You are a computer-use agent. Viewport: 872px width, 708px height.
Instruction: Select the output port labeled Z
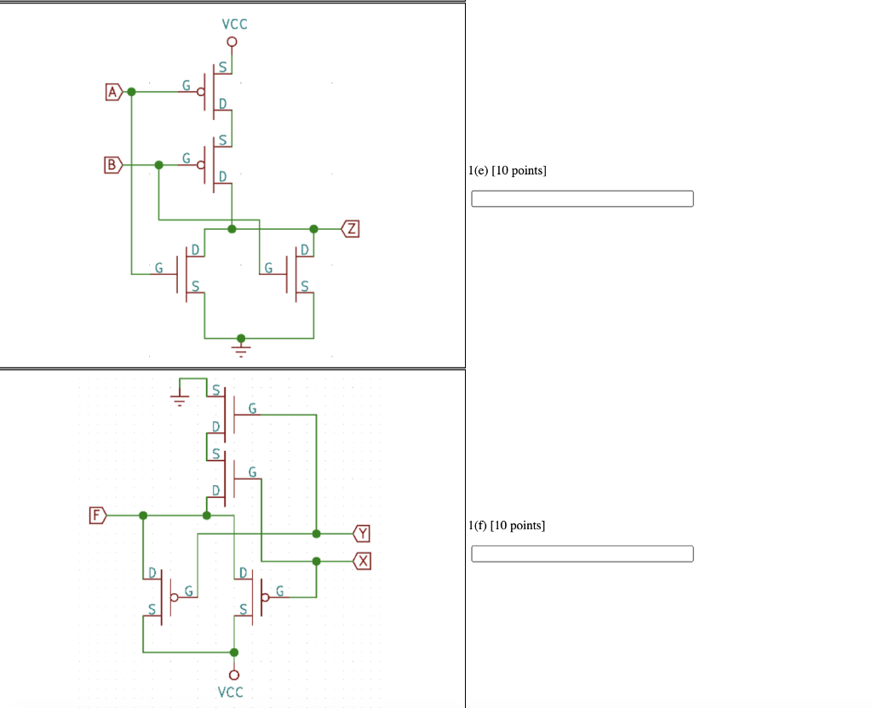click(x=350, y=228)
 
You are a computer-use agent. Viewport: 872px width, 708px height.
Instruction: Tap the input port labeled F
click(x=98, y=515)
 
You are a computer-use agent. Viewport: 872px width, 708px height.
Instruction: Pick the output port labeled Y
click(x=363, y=534)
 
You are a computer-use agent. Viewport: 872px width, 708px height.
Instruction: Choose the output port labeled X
click(x=363, y=561)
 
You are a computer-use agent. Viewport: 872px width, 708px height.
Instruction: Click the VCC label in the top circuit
click(x=234, y=24)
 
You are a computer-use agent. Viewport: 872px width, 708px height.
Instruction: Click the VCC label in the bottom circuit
click(x=230, y=692)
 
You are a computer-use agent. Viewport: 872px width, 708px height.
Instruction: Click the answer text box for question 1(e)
click(x=582, y=198)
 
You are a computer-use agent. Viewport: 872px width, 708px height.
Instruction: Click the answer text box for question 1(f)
click(x=582, y=554)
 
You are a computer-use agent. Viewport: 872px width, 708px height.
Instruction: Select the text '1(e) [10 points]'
click(x=508, y=171)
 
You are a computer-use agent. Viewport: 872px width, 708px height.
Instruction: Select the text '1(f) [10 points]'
click(x=507, y=525)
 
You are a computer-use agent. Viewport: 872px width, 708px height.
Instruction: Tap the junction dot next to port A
click(x=131, y=91)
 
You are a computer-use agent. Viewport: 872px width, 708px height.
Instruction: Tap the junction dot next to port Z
click(x=313, y=229)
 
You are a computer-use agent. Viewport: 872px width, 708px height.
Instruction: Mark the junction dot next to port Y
click(x=316, y=534)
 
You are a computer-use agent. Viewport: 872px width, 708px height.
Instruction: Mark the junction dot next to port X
click(x=316, y=561)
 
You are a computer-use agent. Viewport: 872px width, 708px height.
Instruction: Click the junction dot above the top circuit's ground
click(x=241, y=338)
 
